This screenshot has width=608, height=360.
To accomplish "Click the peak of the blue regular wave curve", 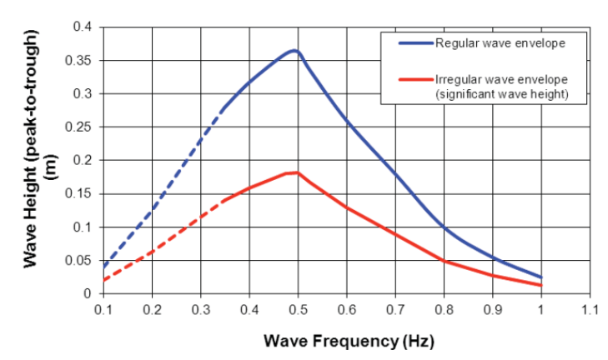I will click(294, 51).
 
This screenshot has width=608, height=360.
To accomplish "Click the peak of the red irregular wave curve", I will click(296, 172).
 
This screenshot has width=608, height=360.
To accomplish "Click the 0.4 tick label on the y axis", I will click(81, 27).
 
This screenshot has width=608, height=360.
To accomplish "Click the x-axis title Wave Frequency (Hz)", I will click(349, 341).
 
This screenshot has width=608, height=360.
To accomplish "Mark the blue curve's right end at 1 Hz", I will click(541, 277).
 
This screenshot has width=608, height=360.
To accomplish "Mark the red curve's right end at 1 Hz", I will click(541, 285).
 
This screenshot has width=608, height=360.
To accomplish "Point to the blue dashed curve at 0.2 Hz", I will click(152, 211).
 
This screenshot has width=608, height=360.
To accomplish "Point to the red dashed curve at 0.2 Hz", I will click(152, 252).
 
